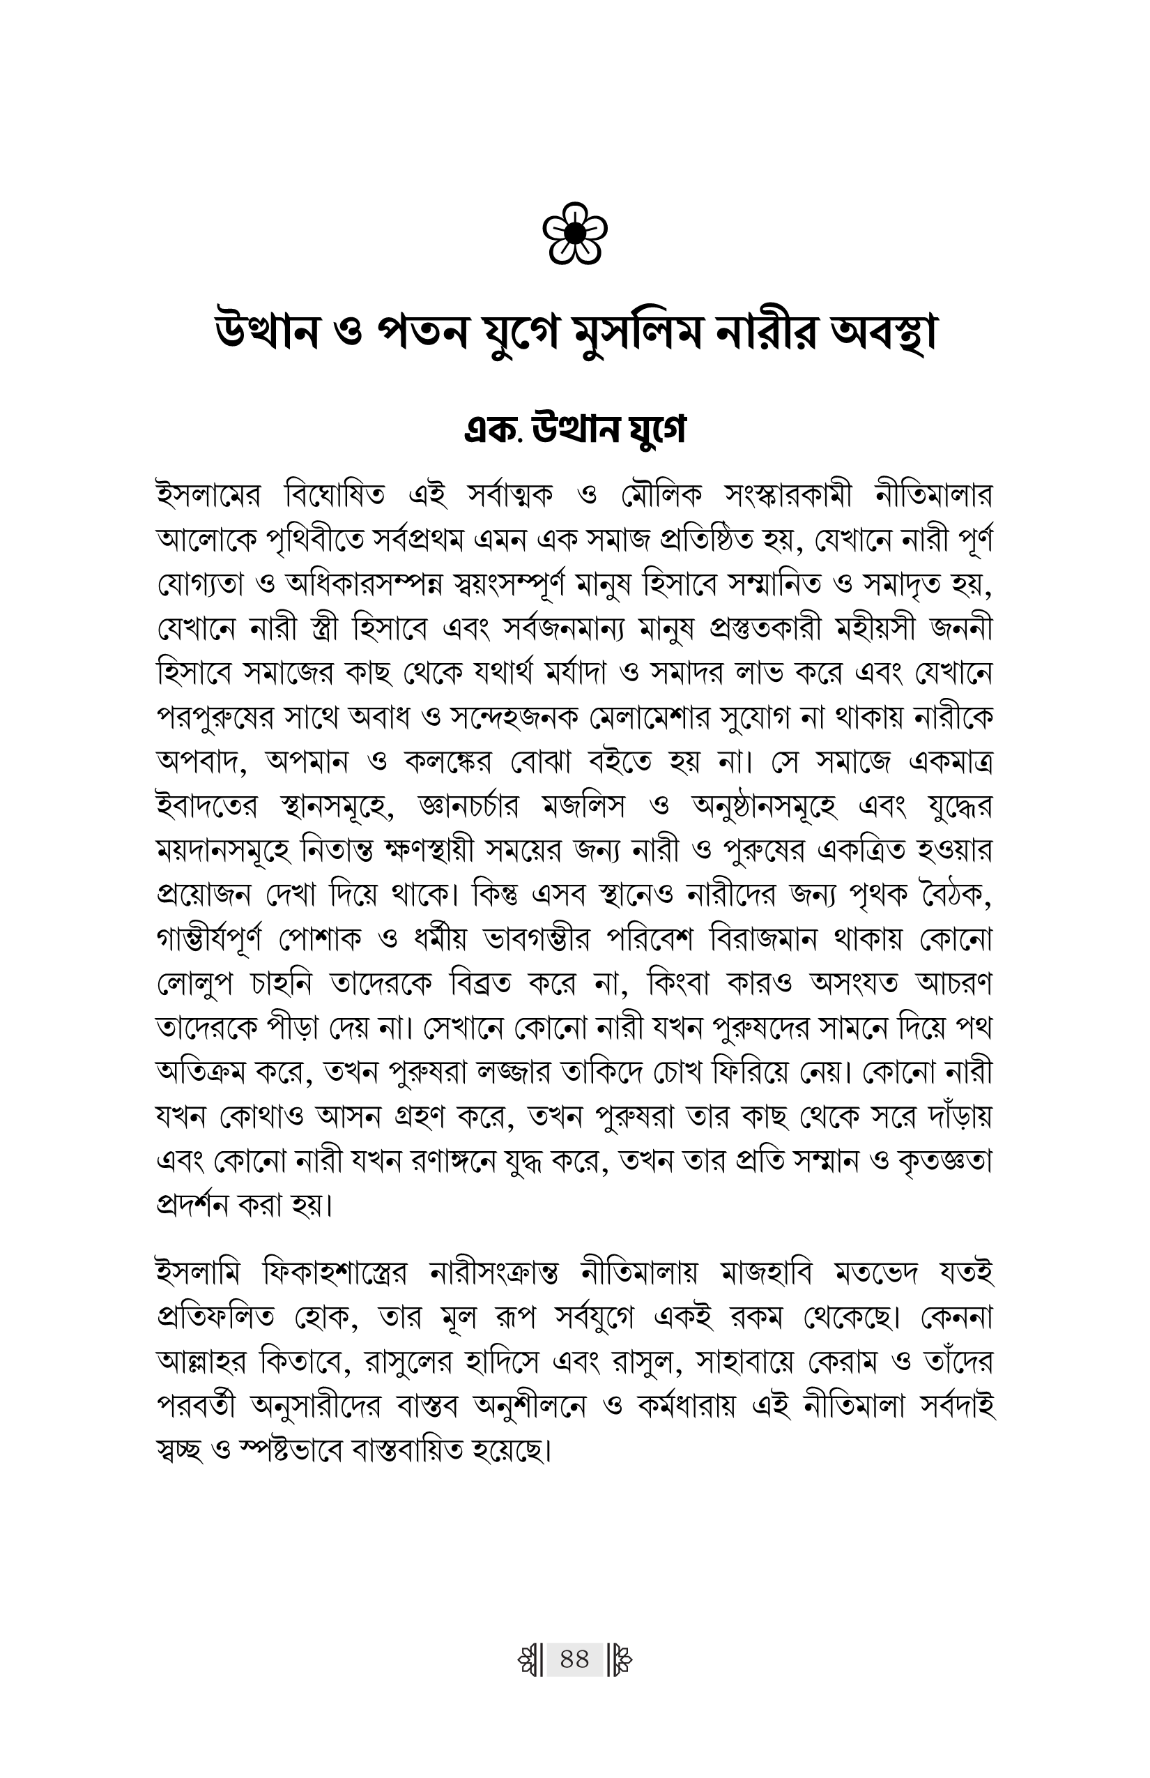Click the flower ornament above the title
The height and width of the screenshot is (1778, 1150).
click(574, 233)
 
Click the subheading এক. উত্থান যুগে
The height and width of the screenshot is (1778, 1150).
click(574, 430)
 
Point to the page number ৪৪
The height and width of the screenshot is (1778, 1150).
click(574, 1659)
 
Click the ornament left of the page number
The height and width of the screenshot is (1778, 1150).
click(530, 1659)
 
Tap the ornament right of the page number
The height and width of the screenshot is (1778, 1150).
click(620, 1659)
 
